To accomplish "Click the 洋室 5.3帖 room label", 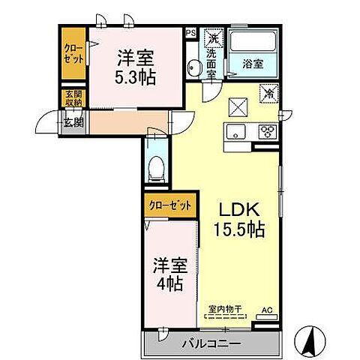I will click(136, 66).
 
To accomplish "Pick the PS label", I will click(190, 33).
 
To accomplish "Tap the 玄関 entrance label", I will click(73, 123).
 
